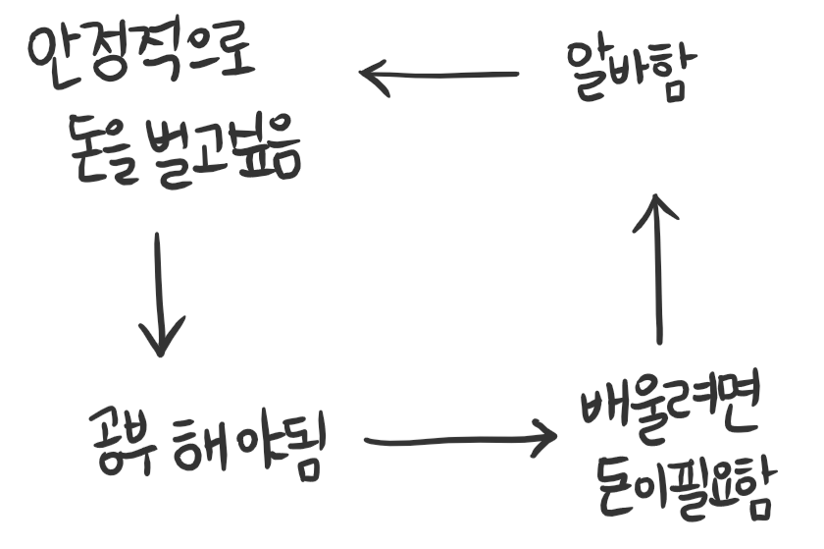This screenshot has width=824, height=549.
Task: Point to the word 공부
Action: tap(120, 438)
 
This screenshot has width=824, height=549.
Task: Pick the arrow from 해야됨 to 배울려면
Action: tap(457, 440)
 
